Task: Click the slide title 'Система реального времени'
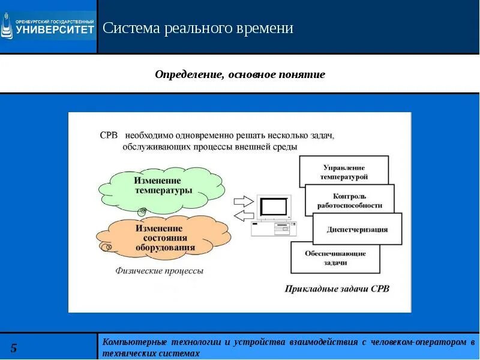coord(198,28)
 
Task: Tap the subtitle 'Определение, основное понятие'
coord(240,74)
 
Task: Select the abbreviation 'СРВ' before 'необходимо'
coord(109,136)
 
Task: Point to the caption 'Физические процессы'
coord(159,271)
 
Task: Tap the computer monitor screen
coord(274,206)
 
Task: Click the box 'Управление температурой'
coord(344,172)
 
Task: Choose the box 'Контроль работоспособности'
coord(350,200)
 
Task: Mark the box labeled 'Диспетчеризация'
coord(357,229)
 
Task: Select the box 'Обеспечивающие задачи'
coord(335,258)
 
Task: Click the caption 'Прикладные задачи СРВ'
coord(337,289)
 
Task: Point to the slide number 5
coord(14,349)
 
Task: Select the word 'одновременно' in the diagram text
coord(213,136)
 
